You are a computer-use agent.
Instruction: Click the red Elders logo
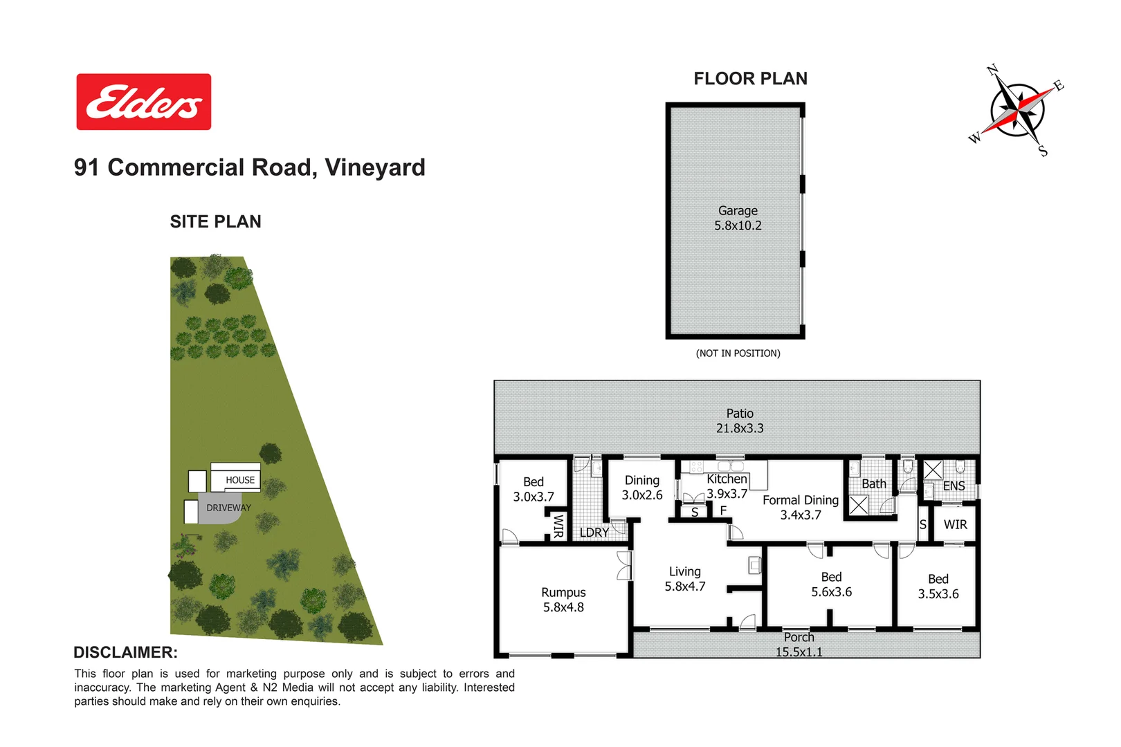click(143, 102)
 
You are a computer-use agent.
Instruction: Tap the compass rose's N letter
click(992, 70)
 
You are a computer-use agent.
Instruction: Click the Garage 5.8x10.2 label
click(738, 218)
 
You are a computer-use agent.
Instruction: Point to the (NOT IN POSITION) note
click(738, 353)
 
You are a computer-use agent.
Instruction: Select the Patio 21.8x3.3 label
click(740, 421)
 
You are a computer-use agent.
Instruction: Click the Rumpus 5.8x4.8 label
click(563, 600)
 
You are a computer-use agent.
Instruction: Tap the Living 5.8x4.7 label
click(685, 579)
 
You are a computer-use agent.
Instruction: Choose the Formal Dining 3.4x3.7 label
click(801, 507)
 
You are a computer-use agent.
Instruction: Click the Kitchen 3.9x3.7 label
click(727, 486)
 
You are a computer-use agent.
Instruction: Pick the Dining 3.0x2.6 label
click(642, 488)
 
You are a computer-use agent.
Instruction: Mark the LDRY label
click(594, 533)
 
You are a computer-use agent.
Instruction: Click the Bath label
click(873, 484)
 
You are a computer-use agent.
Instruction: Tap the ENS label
click(954, 486)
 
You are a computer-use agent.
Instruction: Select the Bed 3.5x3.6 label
click(938, 587)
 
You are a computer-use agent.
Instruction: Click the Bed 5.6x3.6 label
click(831, 584)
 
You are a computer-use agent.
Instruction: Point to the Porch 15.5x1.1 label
click(799, 645)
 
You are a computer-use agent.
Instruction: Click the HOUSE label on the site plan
click(240, 480)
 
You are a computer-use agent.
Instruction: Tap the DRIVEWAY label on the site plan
click(228, 508)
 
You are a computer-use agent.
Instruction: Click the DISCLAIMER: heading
click(125, 652)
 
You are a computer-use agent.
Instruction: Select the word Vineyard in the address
click(375, 167)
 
